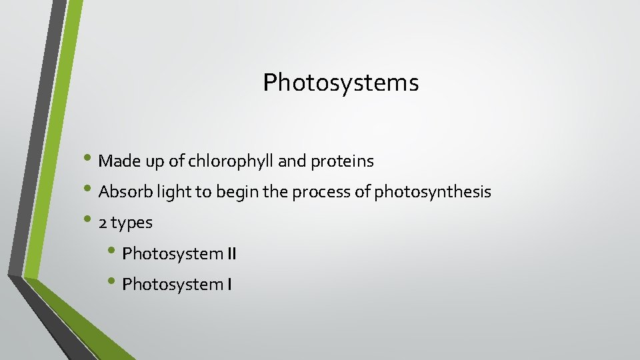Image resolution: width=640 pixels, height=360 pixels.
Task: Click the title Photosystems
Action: pyautogui.click(x=341, y=83)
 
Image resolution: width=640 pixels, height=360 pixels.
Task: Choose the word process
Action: pyautogui.click(x=314, y=193)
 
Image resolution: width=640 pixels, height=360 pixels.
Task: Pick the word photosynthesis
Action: pyautogui.click(x=433, y=193)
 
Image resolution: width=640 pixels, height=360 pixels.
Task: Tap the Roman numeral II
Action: pyautogui.click(x=230, y=254)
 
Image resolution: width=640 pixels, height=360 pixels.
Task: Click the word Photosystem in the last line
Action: pyautogui.click(x=173, y=285)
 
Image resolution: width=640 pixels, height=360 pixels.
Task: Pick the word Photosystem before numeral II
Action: pyautogui.click(x=173, y=254)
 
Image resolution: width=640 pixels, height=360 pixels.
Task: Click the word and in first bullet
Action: pyautogui.click(x=291, y=161)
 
